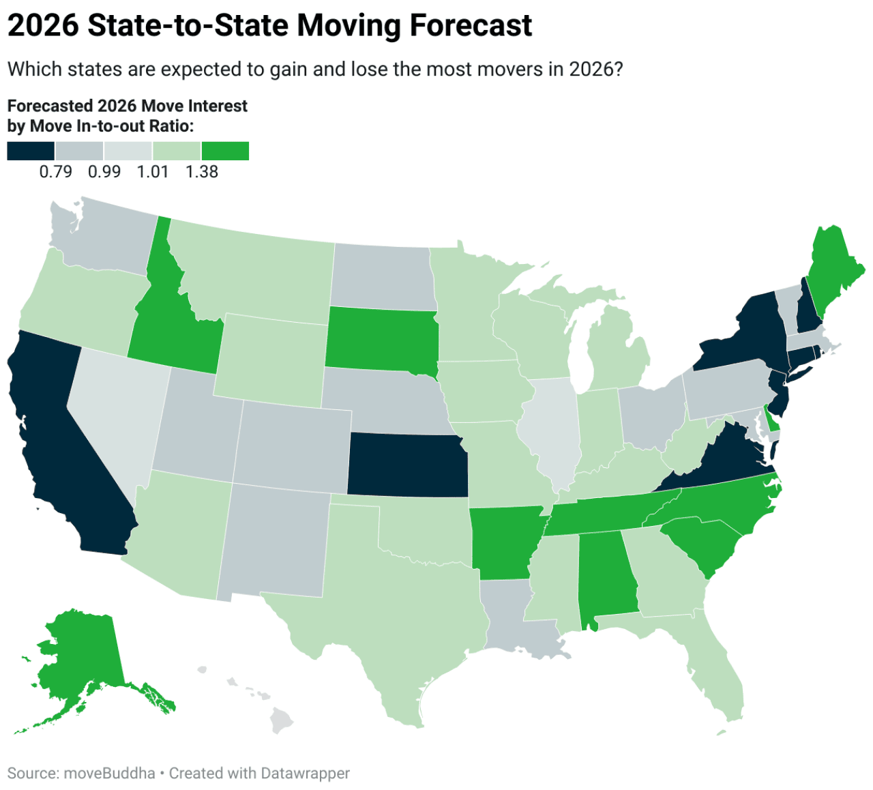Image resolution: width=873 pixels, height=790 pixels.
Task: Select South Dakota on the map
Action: (381, 339)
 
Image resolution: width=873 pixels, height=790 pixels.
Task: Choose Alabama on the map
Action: (606, 573)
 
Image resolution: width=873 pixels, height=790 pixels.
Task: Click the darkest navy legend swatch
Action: (31, 151)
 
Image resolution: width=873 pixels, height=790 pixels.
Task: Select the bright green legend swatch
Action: (225, 151)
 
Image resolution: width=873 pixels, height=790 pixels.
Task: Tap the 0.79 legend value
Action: (55, 172)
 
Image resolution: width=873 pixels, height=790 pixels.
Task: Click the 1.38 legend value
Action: (201, 172)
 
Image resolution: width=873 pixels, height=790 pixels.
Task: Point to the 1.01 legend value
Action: (153, 172)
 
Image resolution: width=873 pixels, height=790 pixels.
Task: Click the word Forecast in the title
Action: (471, 26)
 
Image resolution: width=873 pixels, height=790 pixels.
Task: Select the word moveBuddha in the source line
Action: (109, 773)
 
